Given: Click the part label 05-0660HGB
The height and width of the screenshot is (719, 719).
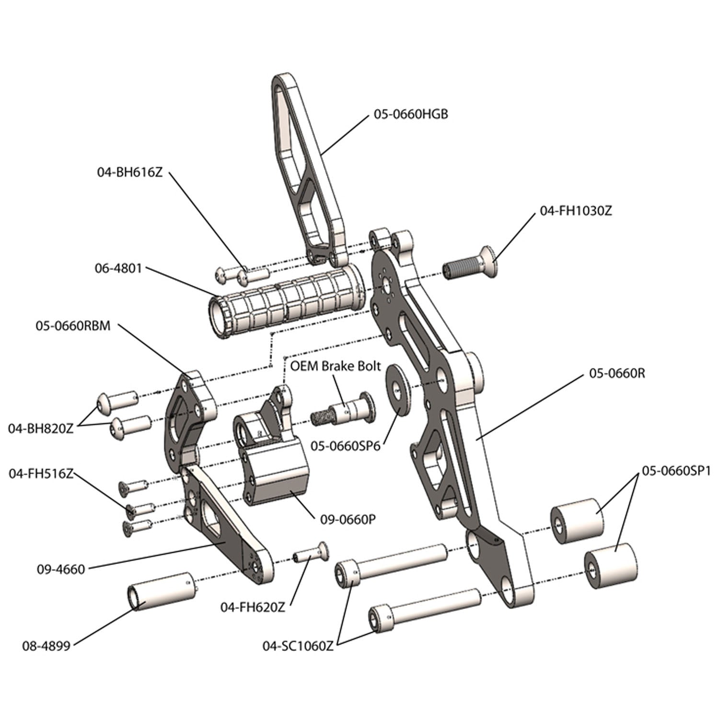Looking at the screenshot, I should click(x=411, y=115).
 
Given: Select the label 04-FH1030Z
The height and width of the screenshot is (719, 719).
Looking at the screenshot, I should click(x=576, y=211).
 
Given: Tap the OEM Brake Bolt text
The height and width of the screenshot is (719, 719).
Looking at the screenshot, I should click(x=336, y=366).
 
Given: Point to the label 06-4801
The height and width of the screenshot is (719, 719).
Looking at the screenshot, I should click(x=118, y=268).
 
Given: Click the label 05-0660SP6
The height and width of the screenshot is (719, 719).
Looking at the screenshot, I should click(x=345, y=446).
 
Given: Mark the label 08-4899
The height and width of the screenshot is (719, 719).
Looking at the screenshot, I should click(x=46, y=646).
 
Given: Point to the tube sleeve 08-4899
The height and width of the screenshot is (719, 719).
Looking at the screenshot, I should click(x=161, y=591).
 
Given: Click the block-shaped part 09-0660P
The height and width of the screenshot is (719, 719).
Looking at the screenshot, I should click(x=273, y=472).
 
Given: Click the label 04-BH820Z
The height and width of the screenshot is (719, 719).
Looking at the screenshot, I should click(x=41, y=429).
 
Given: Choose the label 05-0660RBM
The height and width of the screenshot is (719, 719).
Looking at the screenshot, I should click(x=73, y=326).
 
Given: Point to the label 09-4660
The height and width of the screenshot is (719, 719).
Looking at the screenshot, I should click(x=60, y=569).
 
